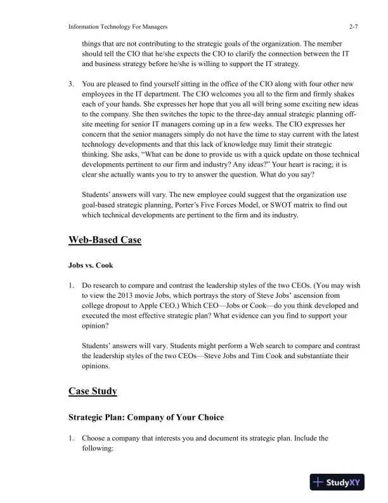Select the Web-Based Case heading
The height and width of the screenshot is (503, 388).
point(105,240)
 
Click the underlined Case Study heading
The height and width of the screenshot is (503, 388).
point(93,391)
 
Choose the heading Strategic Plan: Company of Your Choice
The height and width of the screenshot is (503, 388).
point(143,417)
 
